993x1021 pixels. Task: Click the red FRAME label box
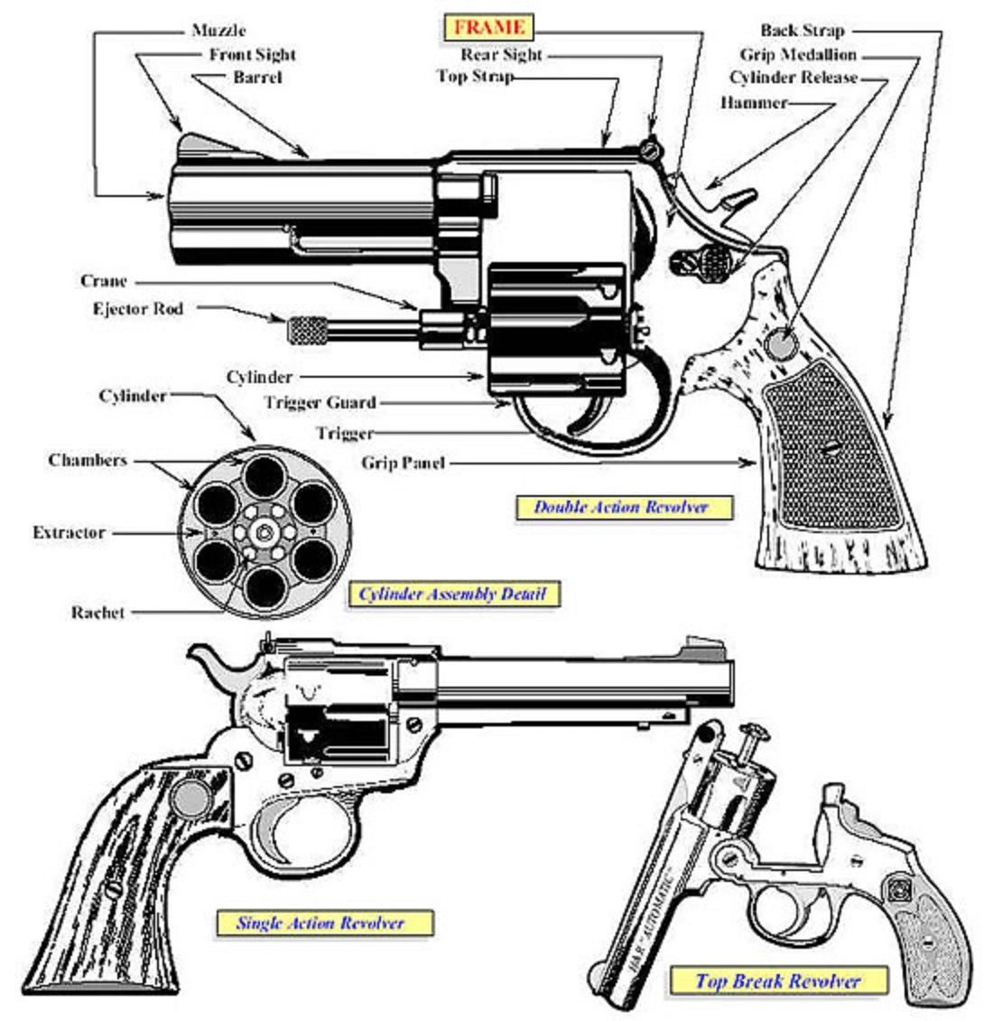pyautogui.click(x=488, y=27)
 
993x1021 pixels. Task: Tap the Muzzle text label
pyautogui.click(x=218, y=31)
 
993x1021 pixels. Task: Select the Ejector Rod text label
pyautogui.click(x=137, y=309)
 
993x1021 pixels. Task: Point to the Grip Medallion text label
pyautogui.click(x=797, y=55)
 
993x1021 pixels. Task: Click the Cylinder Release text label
pyautogui.click(x=793, y=78)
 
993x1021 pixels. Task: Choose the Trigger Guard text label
pyautogui.click(x=320, y=402)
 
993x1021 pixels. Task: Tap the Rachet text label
pyautogui.click(x=98, y=613)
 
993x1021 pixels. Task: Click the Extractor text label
pyautogui.click(x=69, y=533)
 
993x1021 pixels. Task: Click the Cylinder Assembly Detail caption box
pyautogui.click(x=453, y=595)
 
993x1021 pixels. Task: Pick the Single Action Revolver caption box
pyautogui.click(x=320, y=923)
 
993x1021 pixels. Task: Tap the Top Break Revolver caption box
pyautogui.click(x=778, y=980)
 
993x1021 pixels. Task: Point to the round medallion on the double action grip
pyautogui.click(x=781, y=344)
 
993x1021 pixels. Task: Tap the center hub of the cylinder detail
pyautogui.click(x=264, y=533)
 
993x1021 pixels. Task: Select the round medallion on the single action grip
pyautogui.click(x=191, y=798)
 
